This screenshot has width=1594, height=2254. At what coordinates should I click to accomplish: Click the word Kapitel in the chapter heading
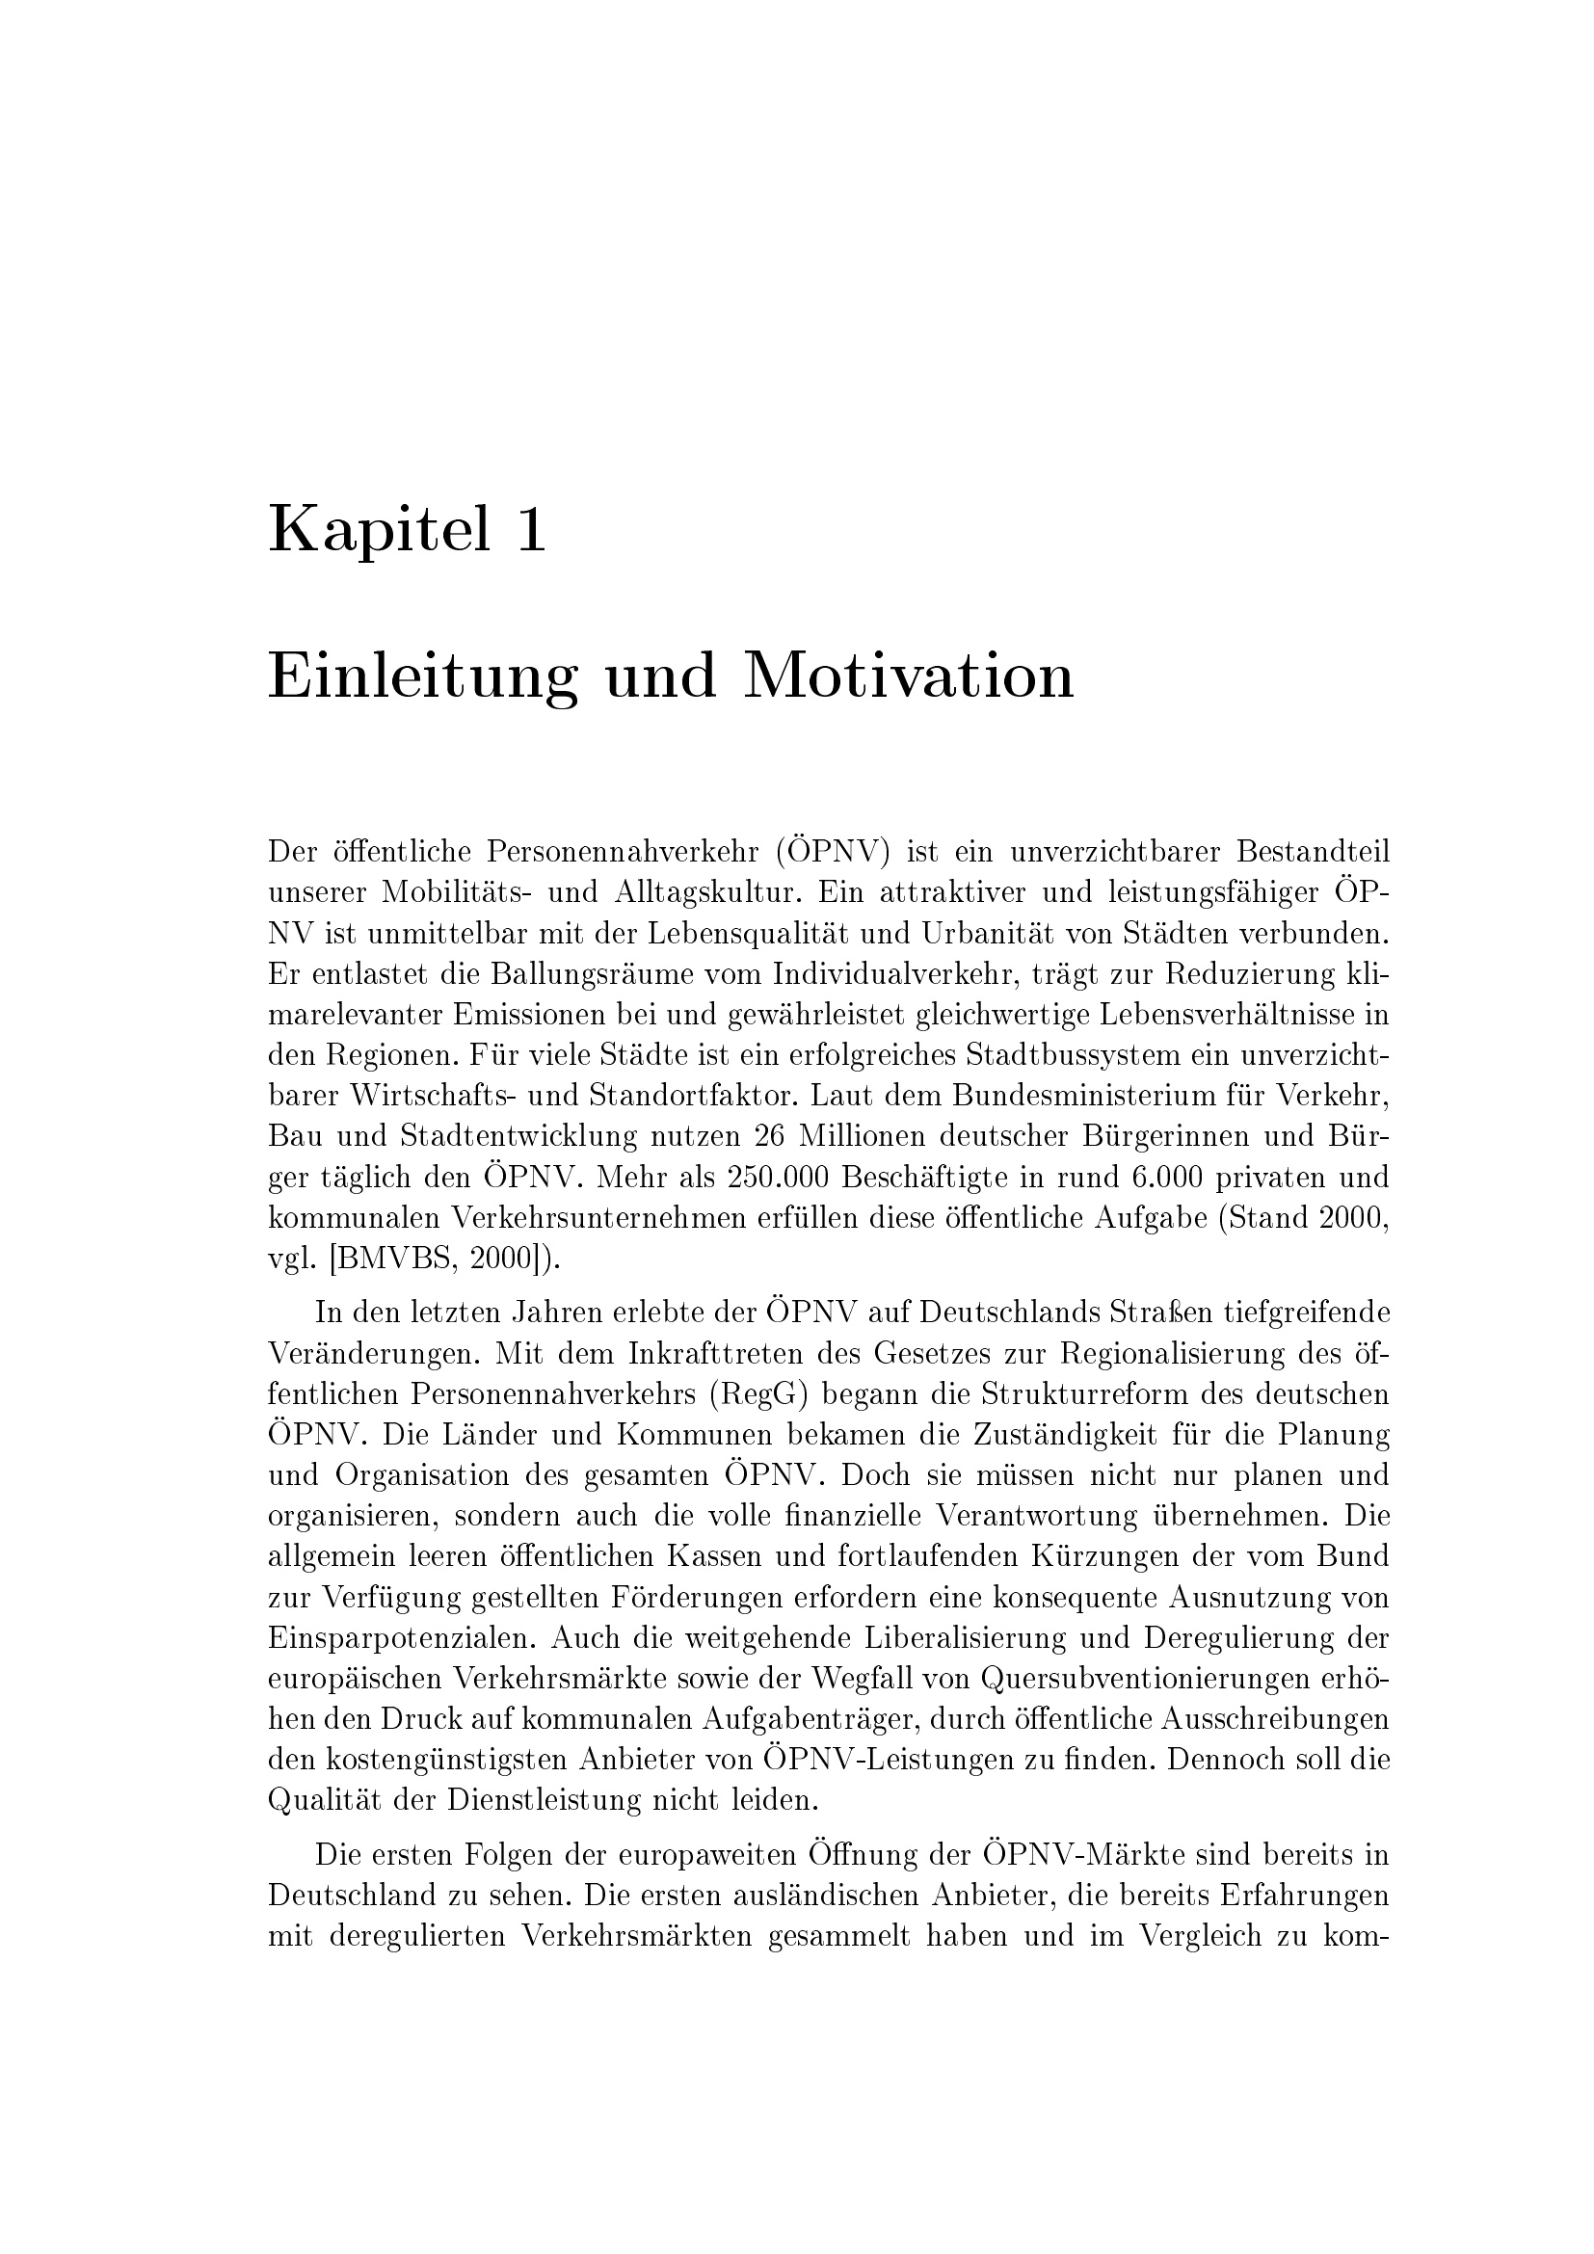click(x=379, y=531)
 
